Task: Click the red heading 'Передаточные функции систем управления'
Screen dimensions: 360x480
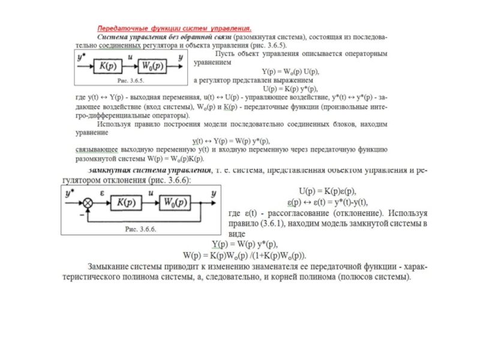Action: (x=175, y=28)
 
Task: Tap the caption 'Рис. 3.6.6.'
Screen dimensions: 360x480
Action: (x=140, y=229)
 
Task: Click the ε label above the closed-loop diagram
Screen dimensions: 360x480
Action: (x=103, y=193)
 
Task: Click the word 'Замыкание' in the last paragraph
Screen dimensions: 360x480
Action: (x=110, y=265)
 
